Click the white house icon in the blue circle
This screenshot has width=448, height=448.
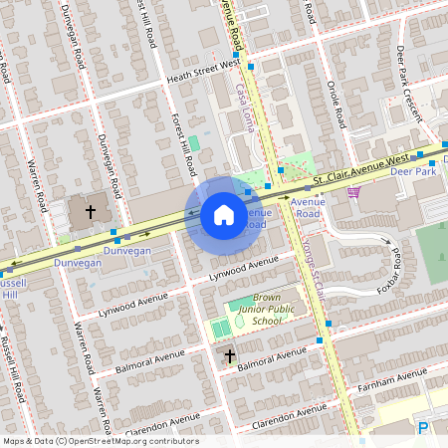click(x=223, y=215)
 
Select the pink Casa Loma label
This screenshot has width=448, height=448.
click(x=244, y=110)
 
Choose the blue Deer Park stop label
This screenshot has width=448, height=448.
click(x=414, y=170)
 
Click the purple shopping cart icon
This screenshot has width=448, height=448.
click(x=355, y=193)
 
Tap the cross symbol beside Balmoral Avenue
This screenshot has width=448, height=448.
click(x=229, y=355)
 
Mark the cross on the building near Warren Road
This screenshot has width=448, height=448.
click(x=91, y=211)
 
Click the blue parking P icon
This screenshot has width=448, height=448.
click(x=423, y=429)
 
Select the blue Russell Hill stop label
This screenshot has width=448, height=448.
click(x=9, y=289)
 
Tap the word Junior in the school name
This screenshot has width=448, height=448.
click(x=254, y=310)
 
